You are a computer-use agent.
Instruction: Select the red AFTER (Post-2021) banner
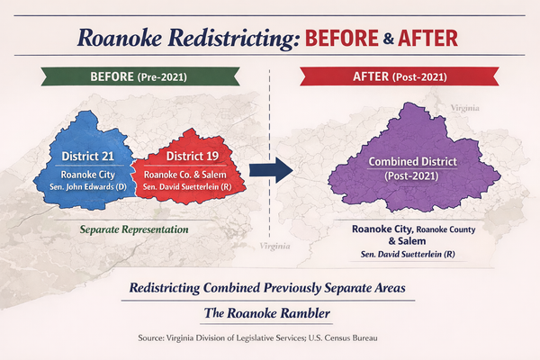(403, 78)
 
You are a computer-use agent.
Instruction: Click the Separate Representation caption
(132, 229)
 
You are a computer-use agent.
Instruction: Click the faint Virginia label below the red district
(275, 245)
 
